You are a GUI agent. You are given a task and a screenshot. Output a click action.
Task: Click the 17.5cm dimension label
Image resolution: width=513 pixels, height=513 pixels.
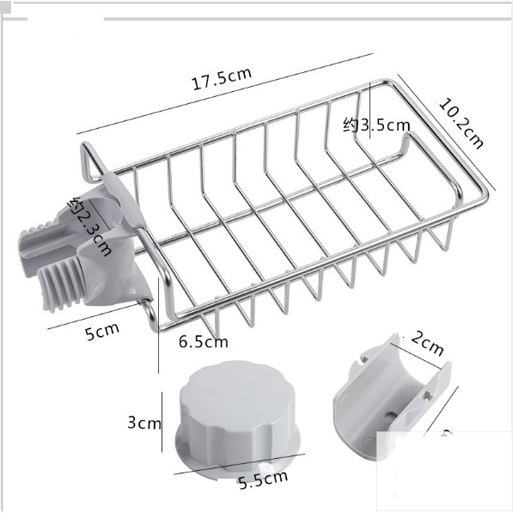tap(222, 78)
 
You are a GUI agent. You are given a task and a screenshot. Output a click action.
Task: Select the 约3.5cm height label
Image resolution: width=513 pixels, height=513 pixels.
tap(376, 125)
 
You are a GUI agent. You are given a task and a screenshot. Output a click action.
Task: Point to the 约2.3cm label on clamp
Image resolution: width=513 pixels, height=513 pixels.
tap(89, 226)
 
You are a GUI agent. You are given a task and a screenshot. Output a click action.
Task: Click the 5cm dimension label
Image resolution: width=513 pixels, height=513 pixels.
tap(102, 332)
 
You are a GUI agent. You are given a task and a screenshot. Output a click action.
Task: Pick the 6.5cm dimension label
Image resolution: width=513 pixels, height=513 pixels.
tap(203, 342)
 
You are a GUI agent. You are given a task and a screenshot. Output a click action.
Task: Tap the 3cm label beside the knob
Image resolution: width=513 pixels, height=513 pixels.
tap(144, 423)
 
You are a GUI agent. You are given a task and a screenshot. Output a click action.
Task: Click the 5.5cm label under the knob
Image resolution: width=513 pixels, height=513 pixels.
tap(263, 479)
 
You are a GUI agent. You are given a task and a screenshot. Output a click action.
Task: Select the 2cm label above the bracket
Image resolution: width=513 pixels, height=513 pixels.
tap(427, 343)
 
